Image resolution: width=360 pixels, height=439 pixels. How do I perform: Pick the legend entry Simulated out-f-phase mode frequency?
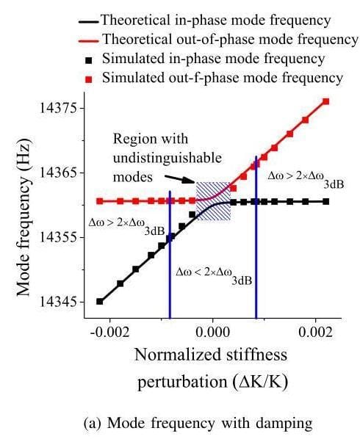(x=221, y=77)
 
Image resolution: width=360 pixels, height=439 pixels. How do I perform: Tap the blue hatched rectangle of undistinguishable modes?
(x=213, y=200)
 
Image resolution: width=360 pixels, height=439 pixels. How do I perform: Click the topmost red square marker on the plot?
(x=325, y=101)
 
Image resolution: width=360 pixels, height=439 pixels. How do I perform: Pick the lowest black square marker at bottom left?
(x=100, y=301)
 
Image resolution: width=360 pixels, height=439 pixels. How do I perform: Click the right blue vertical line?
(x=256, y=242)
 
